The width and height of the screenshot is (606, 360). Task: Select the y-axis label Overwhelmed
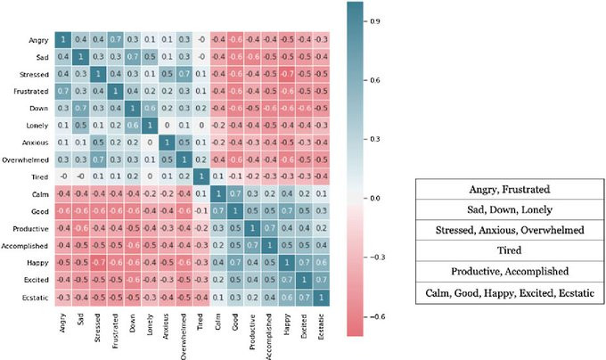29,160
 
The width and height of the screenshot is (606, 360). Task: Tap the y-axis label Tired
39,176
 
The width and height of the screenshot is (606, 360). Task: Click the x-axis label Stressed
98,322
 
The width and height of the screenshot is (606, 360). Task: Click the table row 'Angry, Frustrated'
509,190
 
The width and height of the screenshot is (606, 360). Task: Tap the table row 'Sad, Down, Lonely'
509,210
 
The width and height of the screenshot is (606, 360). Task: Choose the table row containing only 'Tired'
509,251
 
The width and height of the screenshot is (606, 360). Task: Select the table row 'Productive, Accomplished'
509,272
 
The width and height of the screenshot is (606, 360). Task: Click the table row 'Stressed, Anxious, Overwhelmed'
509,231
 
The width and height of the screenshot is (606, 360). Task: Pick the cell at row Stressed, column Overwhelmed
184,74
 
